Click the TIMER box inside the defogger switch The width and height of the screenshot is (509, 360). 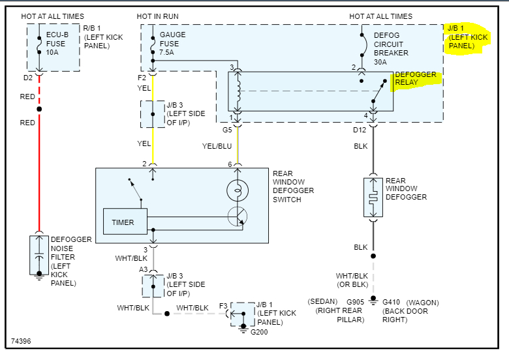point(123,222)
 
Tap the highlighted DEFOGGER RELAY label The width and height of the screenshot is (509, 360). point(416,79)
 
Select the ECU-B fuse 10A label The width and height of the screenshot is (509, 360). point(57,43)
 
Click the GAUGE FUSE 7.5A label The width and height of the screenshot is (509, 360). point(173,43)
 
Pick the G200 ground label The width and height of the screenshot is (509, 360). point(260,332)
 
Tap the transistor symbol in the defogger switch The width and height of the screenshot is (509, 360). point(237,217)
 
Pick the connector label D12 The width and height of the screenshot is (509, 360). point(360,129)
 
